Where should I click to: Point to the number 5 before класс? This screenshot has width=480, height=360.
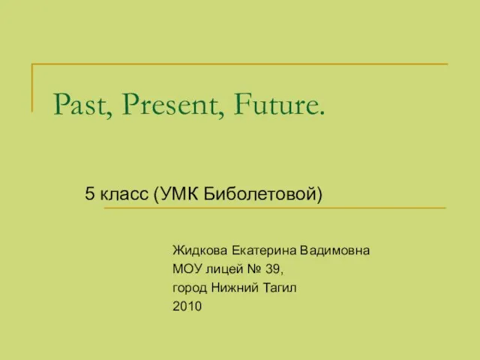[89, 193]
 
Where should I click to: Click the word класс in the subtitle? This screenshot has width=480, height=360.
[124, 194]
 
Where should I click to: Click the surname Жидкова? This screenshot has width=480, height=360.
[200, 250]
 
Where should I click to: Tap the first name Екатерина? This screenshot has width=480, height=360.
[264, 250]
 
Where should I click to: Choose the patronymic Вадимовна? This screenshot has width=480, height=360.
[335, 250]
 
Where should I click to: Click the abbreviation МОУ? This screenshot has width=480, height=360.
[187, 269]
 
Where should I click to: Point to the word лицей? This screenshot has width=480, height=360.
[224, 269]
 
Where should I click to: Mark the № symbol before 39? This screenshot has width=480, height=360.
[254, 269]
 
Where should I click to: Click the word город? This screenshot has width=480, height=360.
[190, 288]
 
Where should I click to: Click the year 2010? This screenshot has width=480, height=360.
[187, 306]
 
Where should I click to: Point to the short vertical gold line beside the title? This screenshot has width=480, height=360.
[31, 88]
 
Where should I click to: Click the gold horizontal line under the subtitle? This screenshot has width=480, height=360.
[275, 208]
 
